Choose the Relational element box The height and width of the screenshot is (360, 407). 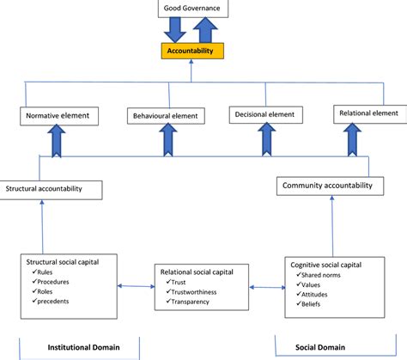367,113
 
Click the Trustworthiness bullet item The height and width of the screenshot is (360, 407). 196,290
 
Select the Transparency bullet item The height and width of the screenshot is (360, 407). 192,302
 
